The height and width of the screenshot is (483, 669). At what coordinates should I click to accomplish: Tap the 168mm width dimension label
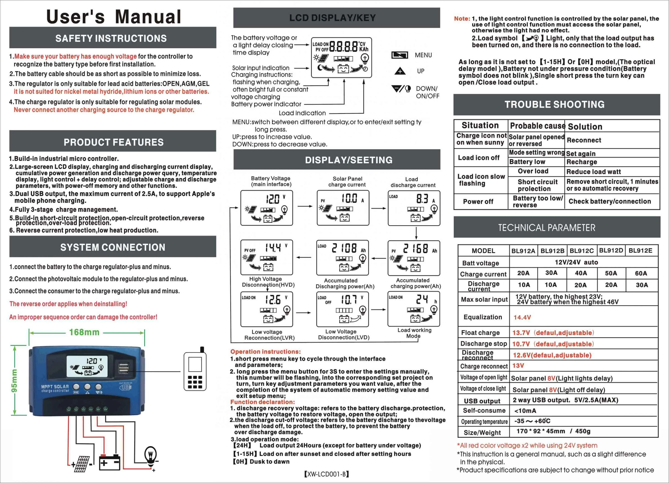[x=84, y=332]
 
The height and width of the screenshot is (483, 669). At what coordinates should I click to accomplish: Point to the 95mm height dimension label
[x=14, y=380]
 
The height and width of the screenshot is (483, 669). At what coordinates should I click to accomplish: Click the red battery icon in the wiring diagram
[x=109, y=462]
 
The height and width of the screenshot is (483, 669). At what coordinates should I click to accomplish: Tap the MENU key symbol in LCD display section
[x=400, y=55]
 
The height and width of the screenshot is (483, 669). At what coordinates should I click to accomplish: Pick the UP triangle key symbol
[x=400, y=71]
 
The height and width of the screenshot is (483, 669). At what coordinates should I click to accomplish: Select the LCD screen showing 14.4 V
[x=266, y=257]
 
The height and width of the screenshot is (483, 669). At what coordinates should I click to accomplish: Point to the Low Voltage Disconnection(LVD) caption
[x=343, y=334]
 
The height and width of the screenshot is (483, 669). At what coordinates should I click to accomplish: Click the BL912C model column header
[x=581, y=251]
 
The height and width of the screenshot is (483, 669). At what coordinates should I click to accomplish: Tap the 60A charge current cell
[x=641, y=273]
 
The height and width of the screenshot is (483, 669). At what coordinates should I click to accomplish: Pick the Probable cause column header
[x=537, y=126]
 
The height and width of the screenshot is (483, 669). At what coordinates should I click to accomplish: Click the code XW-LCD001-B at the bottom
[x=326, y=474]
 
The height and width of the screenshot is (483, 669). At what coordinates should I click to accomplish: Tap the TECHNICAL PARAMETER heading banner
[x=547, y=228]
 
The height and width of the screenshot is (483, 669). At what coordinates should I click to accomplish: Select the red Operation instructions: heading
[x=266, y=351]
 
